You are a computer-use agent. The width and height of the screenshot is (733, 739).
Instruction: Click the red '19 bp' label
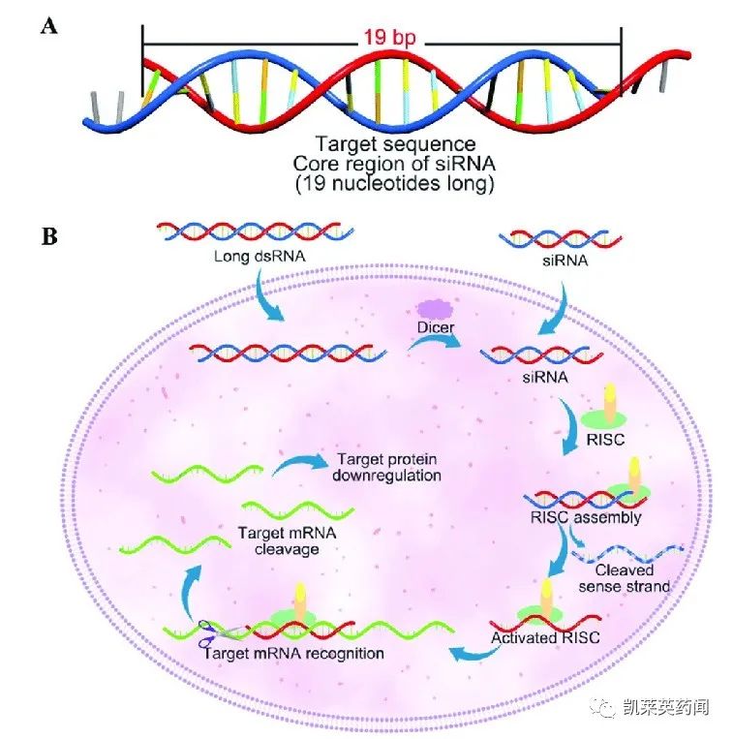point(384,41)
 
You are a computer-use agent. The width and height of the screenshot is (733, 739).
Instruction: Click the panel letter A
point(48,27)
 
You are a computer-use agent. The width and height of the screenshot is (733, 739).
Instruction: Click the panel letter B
point(48,236)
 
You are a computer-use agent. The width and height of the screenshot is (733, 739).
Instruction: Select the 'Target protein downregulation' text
point(385,467)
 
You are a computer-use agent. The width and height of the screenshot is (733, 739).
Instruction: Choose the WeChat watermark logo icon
point(606,708)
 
